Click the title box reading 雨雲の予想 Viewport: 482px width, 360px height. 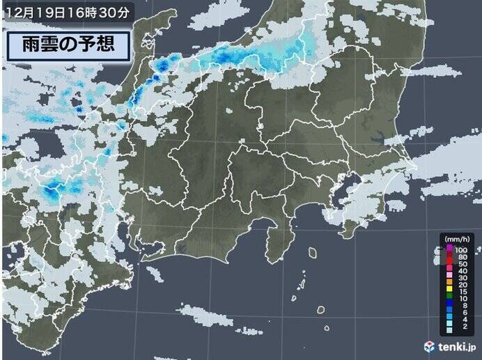coord(68,45)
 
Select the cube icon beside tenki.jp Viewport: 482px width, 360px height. coord(430,346)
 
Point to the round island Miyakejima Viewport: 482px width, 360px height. coord(322,308)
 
